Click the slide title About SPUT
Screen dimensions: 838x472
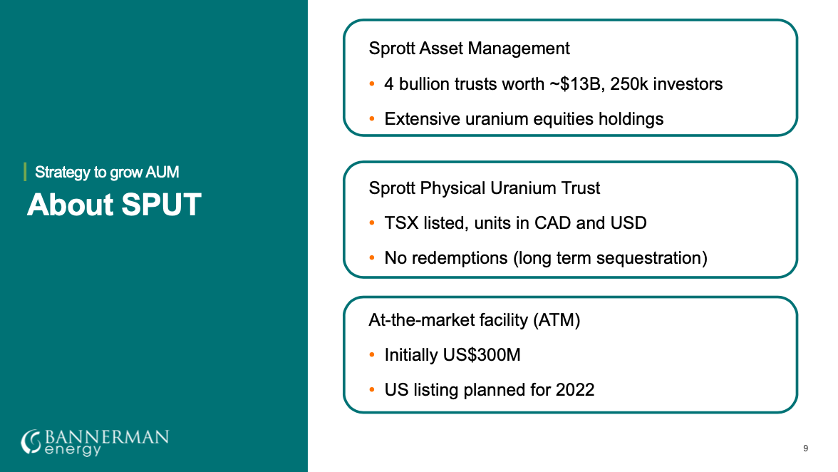coord(114,205)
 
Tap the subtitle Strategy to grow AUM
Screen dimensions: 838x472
coord(107,172)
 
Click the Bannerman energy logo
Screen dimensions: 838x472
coord(95,443)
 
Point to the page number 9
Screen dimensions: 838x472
coord(805,448)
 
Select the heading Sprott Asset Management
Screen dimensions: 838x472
coord(469,48)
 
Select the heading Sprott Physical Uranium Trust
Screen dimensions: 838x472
coord(485,188)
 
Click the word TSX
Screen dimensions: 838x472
coord(401,223)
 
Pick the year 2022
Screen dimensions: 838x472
coord(574,390)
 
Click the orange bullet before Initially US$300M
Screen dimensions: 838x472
coord(372,354)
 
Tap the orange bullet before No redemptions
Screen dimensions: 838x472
coord(372,257)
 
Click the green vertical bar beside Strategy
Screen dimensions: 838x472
coord(25,172)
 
